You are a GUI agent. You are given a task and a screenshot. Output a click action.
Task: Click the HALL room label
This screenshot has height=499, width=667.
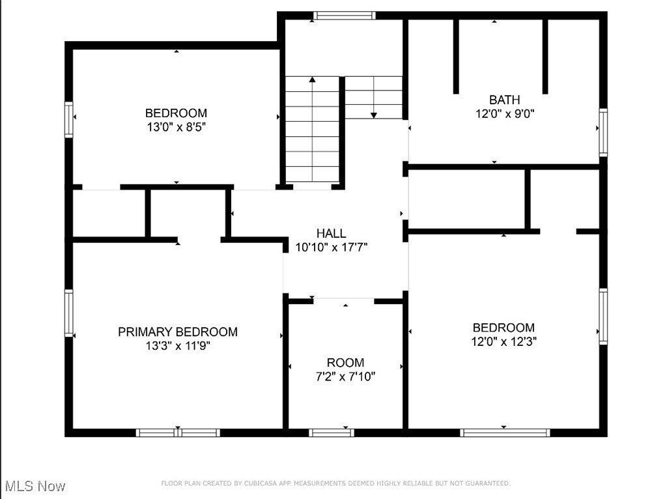[x=331, y=233]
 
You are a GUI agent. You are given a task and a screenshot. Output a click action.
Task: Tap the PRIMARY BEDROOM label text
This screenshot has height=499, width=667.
[x=177, y=332]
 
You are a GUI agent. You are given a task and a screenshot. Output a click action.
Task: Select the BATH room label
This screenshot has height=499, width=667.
[x=505, y=100]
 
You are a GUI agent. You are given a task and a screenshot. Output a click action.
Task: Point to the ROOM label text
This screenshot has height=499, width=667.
[x=345, y=363]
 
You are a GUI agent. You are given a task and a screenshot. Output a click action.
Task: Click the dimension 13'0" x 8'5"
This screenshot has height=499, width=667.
[x=176, y=127]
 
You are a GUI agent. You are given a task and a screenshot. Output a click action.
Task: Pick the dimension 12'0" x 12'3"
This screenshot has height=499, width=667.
[x=504, y=341]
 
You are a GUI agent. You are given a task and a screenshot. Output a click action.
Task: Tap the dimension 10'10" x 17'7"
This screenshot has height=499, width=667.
[x=332, y=247]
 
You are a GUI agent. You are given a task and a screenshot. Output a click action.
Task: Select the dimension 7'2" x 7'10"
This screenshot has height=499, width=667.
[x=345, y=377]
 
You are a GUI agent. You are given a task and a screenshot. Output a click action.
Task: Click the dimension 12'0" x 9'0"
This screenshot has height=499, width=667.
[x=505, y=113]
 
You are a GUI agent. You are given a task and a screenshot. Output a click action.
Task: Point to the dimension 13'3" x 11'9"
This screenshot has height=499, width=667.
[x=177, y=346]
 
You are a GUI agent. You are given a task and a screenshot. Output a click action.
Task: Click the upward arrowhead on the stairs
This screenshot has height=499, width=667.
[x=312, y=79]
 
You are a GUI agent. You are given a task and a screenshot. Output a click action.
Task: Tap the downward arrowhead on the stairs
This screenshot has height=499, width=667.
[x=374, y=115]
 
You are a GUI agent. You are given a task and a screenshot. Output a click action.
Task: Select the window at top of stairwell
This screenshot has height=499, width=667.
[x=344, y=15]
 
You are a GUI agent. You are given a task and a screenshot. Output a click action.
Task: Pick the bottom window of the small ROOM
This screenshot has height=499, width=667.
[x=332, y=432]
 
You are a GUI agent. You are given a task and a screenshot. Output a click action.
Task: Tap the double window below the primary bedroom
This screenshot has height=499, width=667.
[x=178, y=432]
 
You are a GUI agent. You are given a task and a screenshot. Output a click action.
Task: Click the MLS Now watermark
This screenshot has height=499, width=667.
[x=35, y=486]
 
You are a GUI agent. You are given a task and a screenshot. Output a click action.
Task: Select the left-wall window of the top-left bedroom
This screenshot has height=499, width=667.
[x=68, y=119]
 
